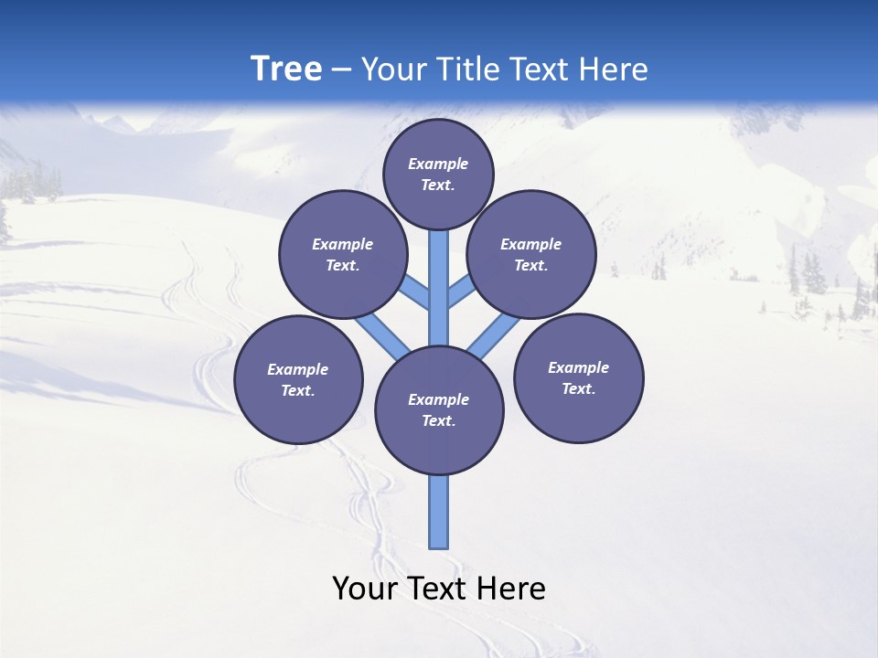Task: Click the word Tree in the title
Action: coord(286,69)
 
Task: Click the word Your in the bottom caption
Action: coord(364,589)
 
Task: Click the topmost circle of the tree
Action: coord(438,174)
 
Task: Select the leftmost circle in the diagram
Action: coord(298,379)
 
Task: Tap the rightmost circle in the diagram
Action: coord(578,377)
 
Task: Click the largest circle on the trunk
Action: coord(439,410)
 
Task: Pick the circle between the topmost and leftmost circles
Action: coord(342,254)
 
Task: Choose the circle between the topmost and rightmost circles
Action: coord(530,254)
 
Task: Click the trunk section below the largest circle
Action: coord(439,512)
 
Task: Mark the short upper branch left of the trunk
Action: coord(417,292)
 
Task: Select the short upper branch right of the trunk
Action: coord(461,292)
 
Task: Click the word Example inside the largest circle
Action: coord(438,399)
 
